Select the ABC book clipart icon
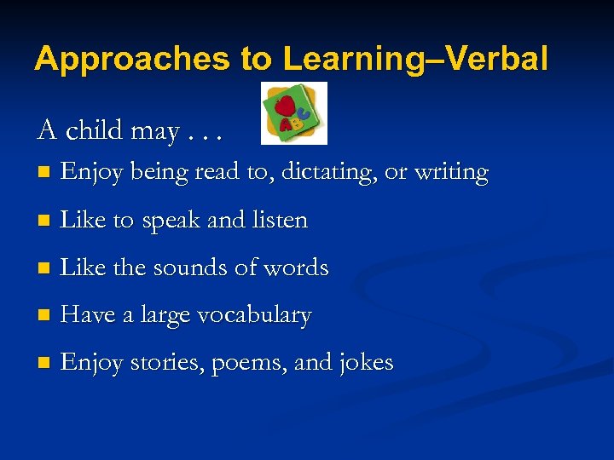click(293, 113)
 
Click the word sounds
click(190, 267)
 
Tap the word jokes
click(364, 363)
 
